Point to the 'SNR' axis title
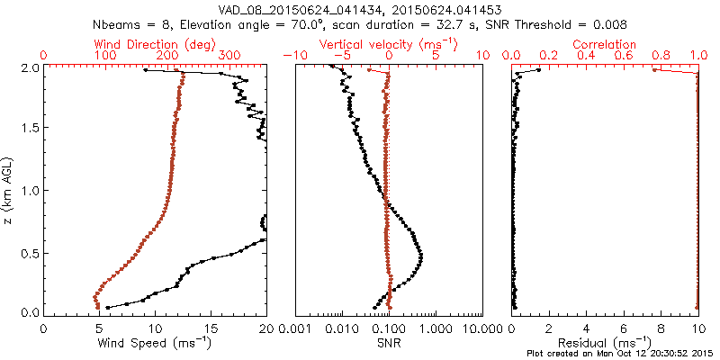pyautogui.click(x=389, y=343)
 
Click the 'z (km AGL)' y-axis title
pyautogui.click(x=10, y=191)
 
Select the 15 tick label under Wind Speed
pyautogui.click(x=211, y=328)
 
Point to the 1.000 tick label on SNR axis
pyautogui.click(x=436, y=328)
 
